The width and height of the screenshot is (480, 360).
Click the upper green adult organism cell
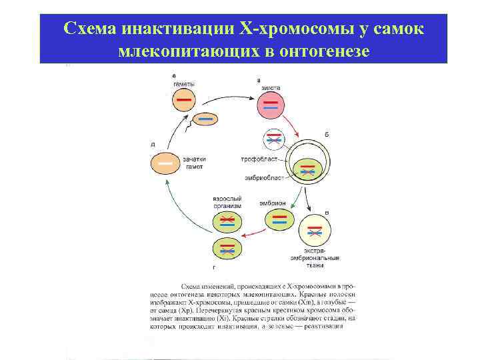pyautogui.click(x=227, y=220)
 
